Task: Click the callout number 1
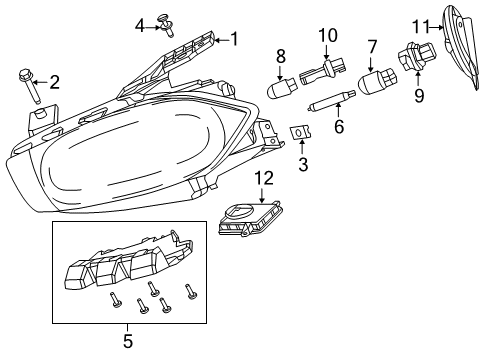(x=235, y=39)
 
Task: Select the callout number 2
(x=55, y=82)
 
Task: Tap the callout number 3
(x=303, y=163)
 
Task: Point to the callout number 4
(x=140, y=24)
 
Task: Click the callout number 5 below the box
(x=128, y=341)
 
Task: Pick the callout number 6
(x=339, y=127)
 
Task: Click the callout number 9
(x=419, y=96)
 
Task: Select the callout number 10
(x=327, y=37)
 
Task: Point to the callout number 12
(x=266, y=178)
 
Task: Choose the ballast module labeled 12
(x=248, y=221)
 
